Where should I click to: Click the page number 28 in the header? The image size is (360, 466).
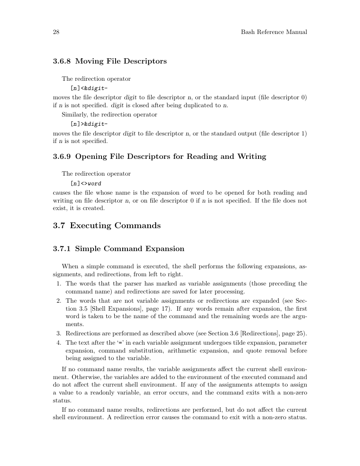coord(56,32)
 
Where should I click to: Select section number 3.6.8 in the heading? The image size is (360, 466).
coord(62,61)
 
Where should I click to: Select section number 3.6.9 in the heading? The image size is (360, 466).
coord(62,157)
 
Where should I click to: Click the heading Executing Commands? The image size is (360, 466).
coord(115,226)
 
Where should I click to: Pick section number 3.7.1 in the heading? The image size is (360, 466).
coord(62,249)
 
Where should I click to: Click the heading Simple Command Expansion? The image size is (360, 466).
coord(130,249)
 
